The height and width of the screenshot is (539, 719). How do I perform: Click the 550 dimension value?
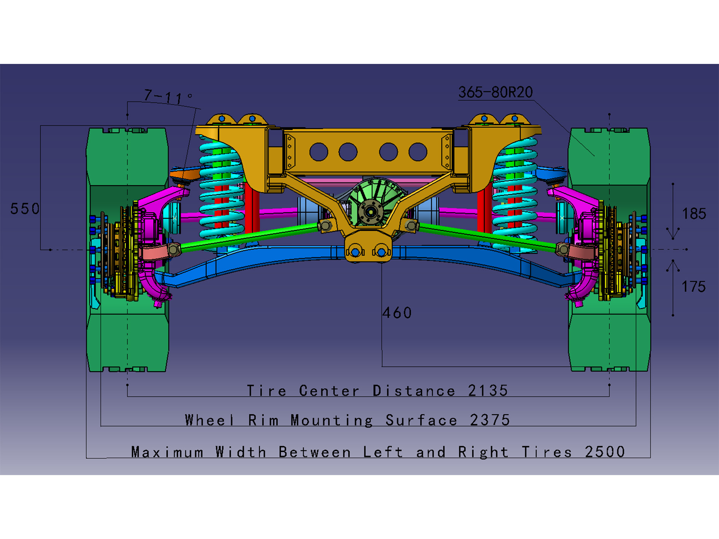coord(25,209)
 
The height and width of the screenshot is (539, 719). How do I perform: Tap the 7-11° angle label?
coord(167,97)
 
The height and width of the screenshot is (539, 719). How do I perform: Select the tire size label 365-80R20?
coord(495,92)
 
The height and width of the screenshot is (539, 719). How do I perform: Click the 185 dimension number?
coord(694,214)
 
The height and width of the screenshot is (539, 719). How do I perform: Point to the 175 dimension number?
coord(693,287)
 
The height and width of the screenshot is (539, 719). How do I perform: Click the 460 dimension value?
coord(397,313)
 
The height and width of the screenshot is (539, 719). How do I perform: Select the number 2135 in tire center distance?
coord(488,391)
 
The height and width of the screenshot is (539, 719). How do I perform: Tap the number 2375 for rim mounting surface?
coord(490,420)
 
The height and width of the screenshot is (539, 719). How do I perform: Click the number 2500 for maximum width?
coord(604,452)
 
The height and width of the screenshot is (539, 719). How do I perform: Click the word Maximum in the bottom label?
coord(167,452)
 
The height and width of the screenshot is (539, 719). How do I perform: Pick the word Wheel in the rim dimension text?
coord(209,420)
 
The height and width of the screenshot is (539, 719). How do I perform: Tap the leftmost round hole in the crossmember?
coord(318,152)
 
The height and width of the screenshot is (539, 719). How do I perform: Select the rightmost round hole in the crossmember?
coord(418,152)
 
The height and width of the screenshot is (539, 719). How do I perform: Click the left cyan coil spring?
coord(221,190)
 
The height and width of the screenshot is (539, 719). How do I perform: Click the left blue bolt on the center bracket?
coord(356,252)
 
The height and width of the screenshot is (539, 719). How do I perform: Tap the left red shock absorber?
coord(251,209)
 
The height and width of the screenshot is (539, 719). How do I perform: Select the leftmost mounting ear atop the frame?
coord(221,119)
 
